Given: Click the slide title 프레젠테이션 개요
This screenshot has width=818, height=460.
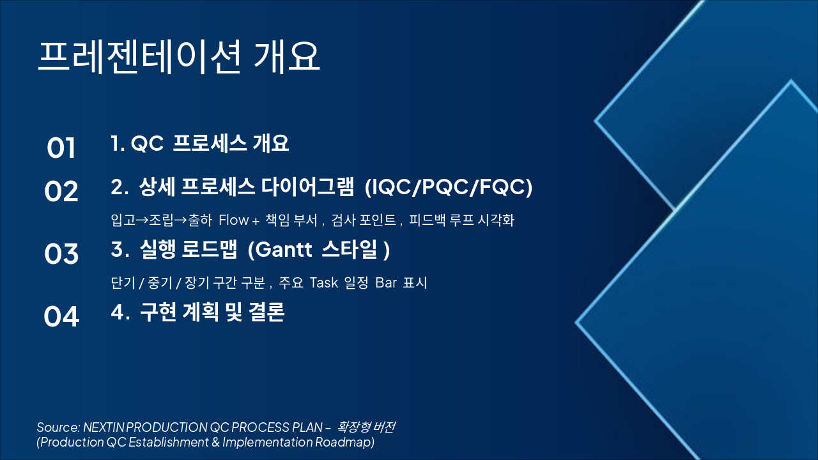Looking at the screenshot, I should pos(178,57).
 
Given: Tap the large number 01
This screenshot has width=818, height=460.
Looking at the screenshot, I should pos(61,148).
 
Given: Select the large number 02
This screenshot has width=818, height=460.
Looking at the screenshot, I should pos(61,192).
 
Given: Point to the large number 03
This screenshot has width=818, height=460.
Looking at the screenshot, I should pos(61,254).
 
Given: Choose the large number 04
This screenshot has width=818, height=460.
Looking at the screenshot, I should pos(61,317).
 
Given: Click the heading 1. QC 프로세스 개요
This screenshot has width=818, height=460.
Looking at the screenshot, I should pos(199,144).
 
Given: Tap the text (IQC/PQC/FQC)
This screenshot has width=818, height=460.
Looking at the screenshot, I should pos(448,187).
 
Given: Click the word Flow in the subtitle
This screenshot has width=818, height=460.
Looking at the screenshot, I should pos(234,220).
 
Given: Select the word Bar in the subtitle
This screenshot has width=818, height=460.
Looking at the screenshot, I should pos(386,282).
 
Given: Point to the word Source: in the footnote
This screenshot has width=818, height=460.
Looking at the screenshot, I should pos(58,427).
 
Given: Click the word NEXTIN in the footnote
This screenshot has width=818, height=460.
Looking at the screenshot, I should pos(104,427).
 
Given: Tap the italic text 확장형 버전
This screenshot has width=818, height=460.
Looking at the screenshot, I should pos(370,427).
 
